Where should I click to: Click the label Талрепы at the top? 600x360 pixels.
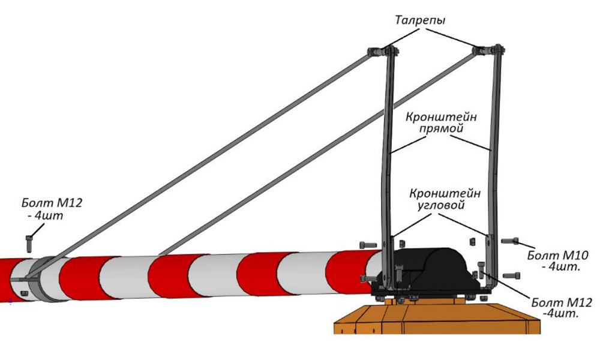421,20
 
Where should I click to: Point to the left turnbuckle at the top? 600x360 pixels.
379,52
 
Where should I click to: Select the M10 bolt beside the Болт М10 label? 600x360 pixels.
509,241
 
